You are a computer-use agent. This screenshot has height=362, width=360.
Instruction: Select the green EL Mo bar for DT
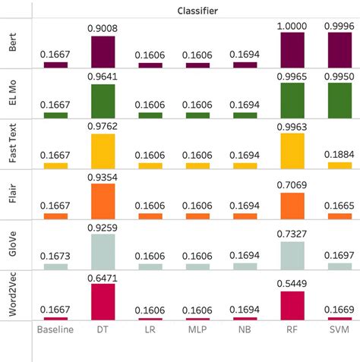point(103,101)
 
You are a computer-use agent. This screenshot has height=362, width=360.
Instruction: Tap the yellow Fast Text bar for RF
point(292,150)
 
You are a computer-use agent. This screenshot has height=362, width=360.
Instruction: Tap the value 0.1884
point(338,155)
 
